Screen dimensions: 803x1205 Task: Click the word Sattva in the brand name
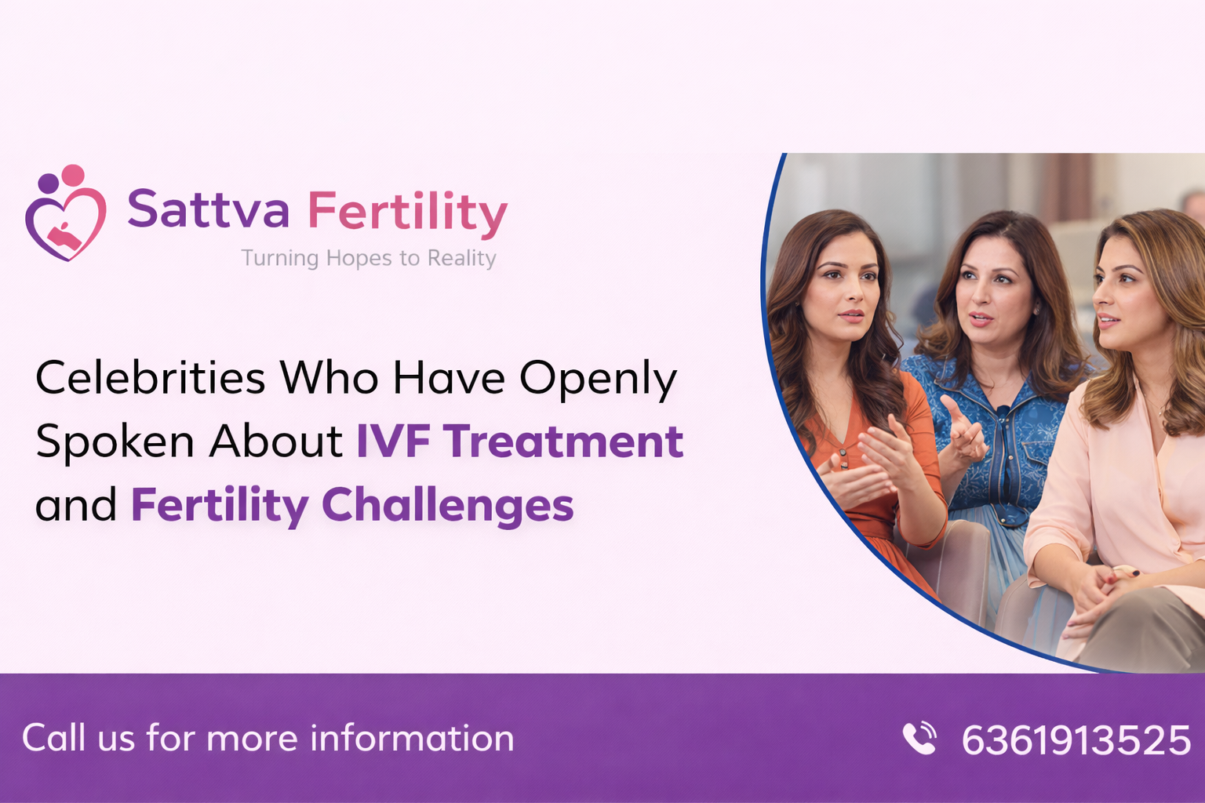[208, 210]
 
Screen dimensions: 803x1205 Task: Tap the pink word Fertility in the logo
[407, 212]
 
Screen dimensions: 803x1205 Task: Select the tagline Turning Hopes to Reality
[369, 258]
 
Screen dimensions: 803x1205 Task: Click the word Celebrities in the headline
[151, 378]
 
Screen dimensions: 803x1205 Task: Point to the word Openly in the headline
[598, 380]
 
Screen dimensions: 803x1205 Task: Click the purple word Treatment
[563, 441]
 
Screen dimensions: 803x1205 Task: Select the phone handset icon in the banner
[919, 738]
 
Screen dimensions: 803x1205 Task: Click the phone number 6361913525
[1076, 739]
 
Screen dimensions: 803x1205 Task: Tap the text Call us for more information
[268, 738]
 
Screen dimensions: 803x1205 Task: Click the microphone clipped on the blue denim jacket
[1003, 412]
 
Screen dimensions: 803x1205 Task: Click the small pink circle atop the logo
[73, 175]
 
